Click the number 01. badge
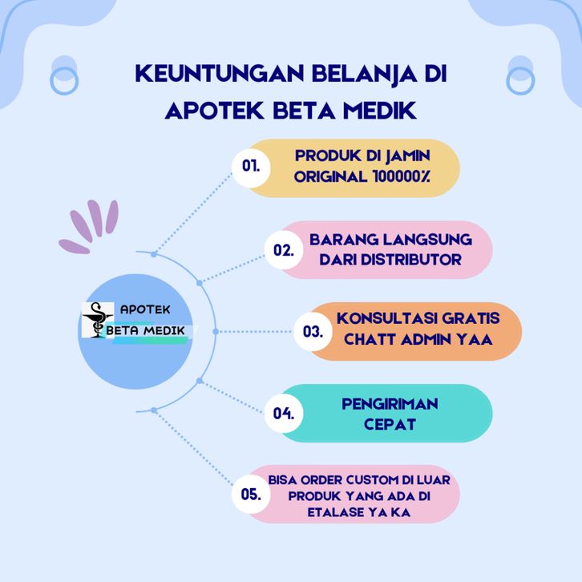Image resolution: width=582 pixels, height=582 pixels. [x=251, y=166]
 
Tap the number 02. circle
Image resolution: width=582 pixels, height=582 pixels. [x=284, y=250]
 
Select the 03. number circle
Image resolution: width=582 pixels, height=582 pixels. [x=313, y=331]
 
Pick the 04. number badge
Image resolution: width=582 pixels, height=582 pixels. [x=284, y=413]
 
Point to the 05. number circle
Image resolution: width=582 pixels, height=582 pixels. [x=251, y=495]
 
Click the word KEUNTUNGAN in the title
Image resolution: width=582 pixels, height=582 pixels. [x=220, y=73]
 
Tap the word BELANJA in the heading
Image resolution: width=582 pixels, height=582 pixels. [x=364, y=74]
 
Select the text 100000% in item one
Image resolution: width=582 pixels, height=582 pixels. [x=401, y=176]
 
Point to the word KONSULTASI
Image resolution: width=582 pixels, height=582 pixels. [x=386, y=318]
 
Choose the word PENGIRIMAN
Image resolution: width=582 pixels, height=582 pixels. [x=390, y=404]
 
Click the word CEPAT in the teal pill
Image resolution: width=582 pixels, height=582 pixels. [x=390, y=424]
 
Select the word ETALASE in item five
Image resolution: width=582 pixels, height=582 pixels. [x=335, y=512]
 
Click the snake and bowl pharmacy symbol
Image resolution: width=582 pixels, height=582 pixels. [x=97, y=320]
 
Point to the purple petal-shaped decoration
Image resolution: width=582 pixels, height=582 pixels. [x=89, y=227]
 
